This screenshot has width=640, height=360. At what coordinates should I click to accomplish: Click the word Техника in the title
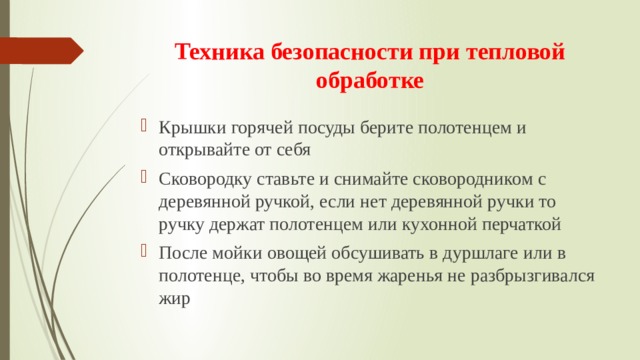[212, 53]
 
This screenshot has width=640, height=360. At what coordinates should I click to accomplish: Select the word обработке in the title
[369, 80]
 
